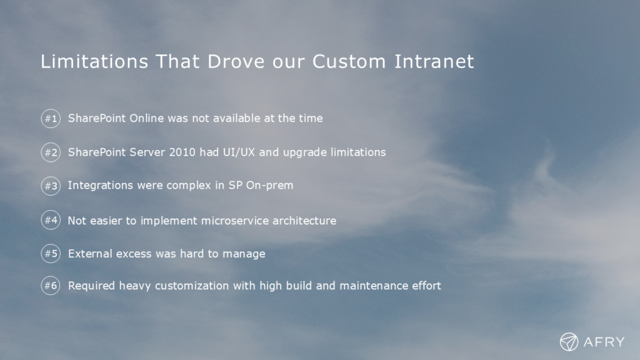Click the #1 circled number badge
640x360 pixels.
coord(51,118)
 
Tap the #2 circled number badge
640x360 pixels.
coord(51,152)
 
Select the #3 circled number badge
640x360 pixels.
coord(51,186)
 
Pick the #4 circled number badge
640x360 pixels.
coord(51,220)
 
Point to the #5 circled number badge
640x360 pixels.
coord(51,254)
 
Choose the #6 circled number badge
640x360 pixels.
coord(51,285)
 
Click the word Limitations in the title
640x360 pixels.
coord(94,62)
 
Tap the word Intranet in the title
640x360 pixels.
coord(434,62)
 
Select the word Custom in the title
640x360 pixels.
coord(349,62)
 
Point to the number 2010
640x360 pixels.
coord(182,152)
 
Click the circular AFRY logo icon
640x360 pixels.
coord(569,342)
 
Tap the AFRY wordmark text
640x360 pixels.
coord(604,342)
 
